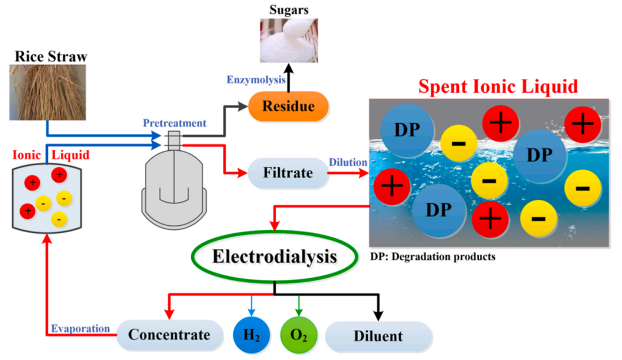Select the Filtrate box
coord(288,172)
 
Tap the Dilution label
coord(348,162)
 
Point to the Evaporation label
coord(81,328)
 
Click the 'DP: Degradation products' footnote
coord(433,256)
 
